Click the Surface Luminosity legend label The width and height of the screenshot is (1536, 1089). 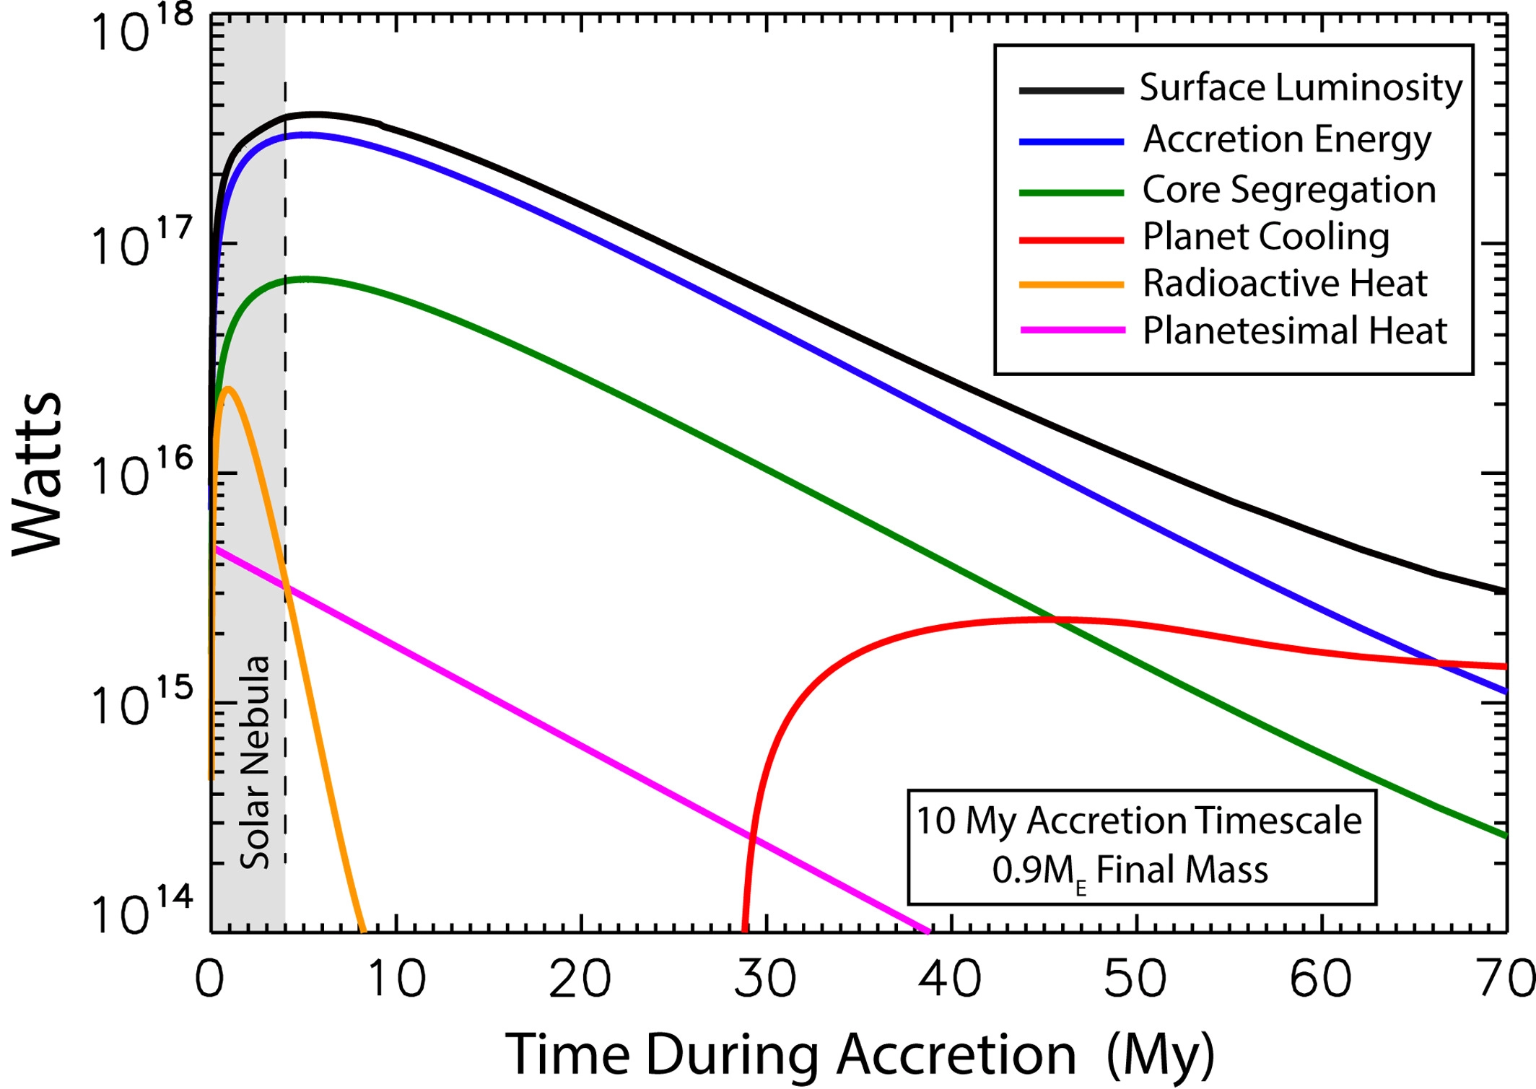pyautogui.click(x=1301, y=89)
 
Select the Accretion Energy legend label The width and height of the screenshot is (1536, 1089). pyautogui.click(x=1287, y=140)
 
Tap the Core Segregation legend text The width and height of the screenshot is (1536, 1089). pyautogui.click(x=1289, y=191)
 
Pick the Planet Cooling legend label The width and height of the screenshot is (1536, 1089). pyautogui.click(x=1266, y=237)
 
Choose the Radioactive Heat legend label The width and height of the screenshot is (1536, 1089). pyautogui.click(x=1285, y=284)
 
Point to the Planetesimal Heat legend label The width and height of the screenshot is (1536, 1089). pyautogui.click(x=1295, y=331)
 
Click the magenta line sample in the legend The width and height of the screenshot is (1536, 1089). pyautogui.click(x=1072, y=331)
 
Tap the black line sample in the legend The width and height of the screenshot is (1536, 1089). pyautogui.click(x=1071, y=90)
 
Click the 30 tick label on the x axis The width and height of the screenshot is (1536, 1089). pyautogui.click(x=765, y=980)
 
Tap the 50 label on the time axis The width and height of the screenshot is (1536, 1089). pyautogui.click(x=1135, y=980)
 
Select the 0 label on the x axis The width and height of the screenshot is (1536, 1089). pyautogui.click(x=209, y=980)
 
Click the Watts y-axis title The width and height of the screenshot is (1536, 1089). pyautogui.click(x=38, y=473)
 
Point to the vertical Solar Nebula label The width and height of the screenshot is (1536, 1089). pyautogui.click(x=255, y=762)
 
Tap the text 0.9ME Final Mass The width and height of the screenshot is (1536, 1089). pyautogui.click(x=1130, y=870)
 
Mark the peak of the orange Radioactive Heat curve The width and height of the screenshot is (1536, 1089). pyautogui.click(x=229, y=388)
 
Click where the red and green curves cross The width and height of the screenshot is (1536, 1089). pyautogui.click(x=1055, y=620)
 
